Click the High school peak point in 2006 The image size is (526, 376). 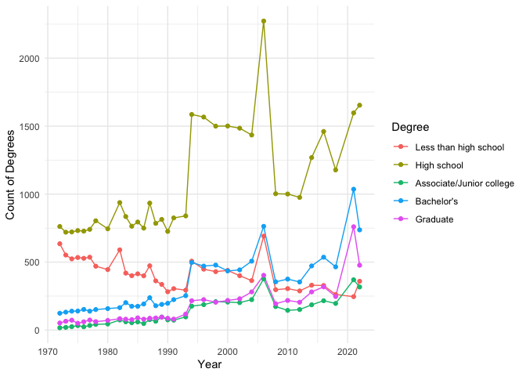[264, 21]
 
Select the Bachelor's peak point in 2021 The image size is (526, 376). [354, 189]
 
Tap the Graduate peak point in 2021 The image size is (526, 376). [354, 227]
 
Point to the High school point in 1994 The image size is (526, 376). [192, 114]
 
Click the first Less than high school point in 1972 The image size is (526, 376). [59, 244]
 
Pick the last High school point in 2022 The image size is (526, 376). [359, 105]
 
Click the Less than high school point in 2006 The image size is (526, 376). [264, 236]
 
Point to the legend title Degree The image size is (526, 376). [410, 127]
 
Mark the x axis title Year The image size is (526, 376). [209, 364]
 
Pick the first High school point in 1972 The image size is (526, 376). [59, 226]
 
